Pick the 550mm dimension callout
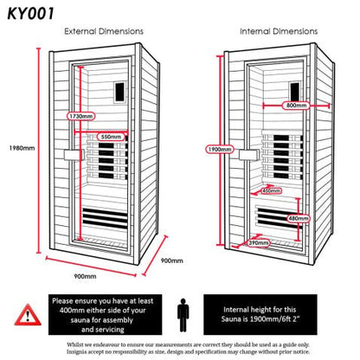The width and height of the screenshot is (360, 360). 110,137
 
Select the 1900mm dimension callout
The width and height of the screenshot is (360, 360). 220,148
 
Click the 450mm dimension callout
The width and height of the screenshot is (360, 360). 271,190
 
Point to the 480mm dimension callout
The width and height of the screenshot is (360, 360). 297,218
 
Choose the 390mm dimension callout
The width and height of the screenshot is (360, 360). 257,243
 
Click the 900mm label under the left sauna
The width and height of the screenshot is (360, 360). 84,275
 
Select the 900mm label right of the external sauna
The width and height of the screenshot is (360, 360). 171,258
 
